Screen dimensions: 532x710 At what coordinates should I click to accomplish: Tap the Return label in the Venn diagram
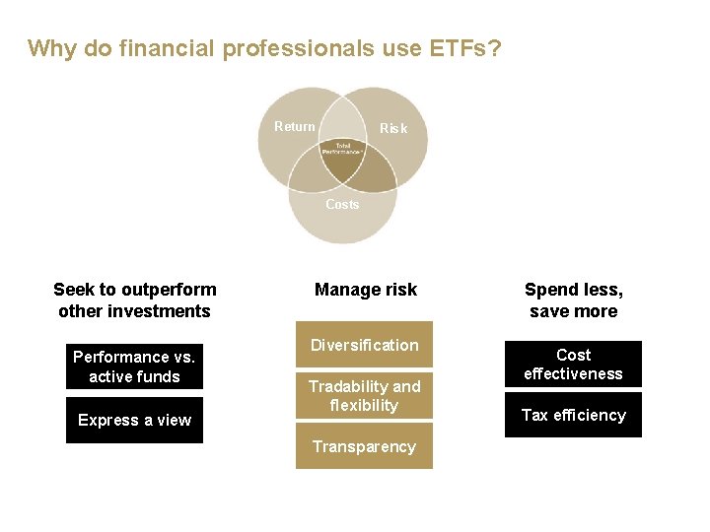(x=294, y=126)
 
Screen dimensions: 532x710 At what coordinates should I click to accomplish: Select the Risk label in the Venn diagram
(x=393, y=128)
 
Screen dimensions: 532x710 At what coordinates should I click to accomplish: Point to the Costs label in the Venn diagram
(x=342, y=204)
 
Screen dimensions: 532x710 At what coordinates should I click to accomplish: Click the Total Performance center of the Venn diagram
(x=342, y=149)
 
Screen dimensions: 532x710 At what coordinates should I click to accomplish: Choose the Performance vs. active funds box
(x=134, y=366)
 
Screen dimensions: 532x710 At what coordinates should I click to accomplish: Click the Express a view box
(x=134, y=420)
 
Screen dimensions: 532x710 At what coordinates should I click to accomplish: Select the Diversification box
(x=364, y=345)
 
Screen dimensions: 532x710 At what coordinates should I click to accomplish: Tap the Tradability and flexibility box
(x=364, y=396)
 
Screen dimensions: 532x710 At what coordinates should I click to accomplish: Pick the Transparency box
(x=364, y=446)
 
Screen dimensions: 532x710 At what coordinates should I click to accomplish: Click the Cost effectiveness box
(x=573, y=365)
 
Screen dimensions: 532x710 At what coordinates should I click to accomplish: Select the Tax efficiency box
(x=573, y=415)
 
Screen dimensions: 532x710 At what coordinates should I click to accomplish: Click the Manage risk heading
(x=365, y=290)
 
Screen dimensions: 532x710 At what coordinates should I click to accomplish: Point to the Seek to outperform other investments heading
(x=134, y=300)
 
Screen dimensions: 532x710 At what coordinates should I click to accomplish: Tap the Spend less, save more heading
(x=573, y=300)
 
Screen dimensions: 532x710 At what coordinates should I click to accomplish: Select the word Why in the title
(x=52, y=48)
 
